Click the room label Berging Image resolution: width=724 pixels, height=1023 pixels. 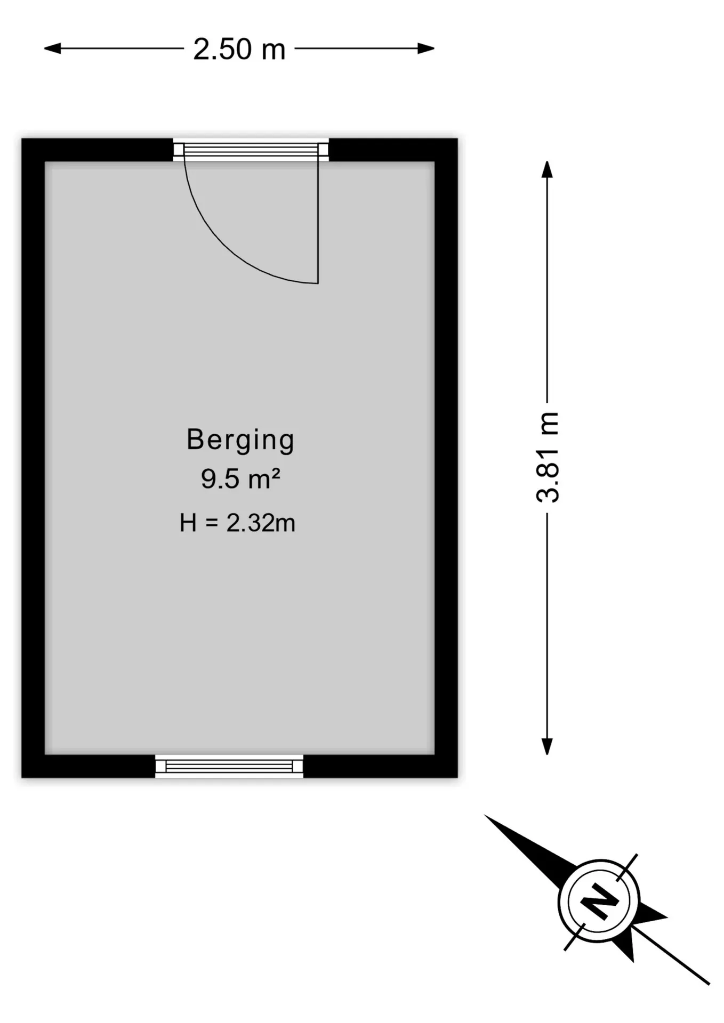pyautogui.click(x=240, y=441)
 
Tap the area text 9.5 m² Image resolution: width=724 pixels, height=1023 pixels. pyautogui.click(x=240, y=478)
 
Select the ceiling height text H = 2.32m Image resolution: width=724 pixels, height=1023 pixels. pyautogui.click(x=237, y=523)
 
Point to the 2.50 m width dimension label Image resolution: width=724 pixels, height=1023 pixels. pyautogui.click(x=239, y=49)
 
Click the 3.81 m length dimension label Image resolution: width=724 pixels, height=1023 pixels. pyautogui.click(x=548, y=457)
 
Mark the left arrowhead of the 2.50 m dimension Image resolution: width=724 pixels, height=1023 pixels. pyautogui.click(x=52, y=48)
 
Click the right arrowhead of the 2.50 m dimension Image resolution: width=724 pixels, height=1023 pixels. pyautogui.click(x=426, y=48)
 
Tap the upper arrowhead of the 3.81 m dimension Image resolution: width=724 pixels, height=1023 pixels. pyautogui.click(x=547, y=169)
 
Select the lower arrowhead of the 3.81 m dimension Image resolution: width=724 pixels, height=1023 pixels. pyautogui.click(x=547, y=746)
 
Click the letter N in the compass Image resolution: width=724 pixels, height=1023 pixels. pyautogui.click(x=599, y=902)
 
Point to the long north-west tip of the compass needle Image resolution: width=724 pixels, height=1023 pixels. pyautogui.click(x=485, y=816)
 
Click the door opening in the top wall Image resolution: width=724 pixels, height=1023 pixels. pyautogui.click(x=251, y=150)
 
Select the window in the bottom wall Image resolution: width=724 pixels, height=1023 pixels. pyautogui.click(x=229, y=766)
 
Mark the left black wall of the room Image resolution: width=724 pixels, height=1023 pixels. pyautogui.click(x=33, y=458)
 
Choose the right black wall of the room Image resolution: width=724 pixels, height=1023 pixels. pyautogui.click(x=446, y=458)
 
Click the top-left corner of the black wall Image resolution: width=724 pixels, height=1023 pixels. pyautogui.click(x=22, y=139)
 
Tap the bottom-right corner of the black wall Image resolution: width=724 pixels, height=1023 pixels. pyautogui.click(x=457, y=777)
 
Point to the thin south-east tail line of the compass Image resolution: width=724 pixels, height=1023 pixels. pyautogui.click(x=672, y=956)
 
